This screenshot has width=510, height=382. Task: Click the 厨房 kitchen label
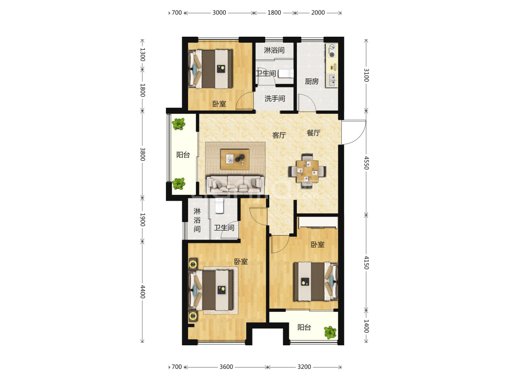tap(311, 81)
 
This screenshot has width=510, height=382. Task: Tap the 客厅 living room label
tap(279, 135)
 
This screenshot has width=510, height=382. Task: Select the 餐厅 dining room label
tap(314, 133)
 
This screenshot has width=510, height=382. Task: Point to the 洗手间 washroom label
tap(275, 98)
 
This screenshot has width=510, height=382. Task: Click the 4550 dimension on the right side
tap(366, 163)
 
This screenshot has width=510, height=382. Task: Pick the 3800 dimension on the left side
tap(142, 154)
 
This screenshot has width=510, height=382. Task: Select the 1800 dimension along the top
tap(274, 13)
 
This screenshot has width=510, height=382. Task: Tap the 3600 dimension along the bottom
tap(226, 367)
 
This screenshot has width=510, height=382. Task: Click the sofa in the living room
tap(236, 185)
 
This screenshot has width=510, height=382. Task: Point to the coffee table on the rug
tap(235, 160)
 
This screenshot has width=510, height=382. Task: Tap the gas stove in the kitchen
tap(332, 51)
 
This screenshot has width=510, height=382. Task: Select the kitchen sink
tap(332, 80)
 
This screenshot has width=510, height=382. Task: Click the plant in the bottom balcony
tap(330, 333)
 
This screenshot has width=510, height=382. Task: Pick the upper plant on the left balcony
tap(178, 124)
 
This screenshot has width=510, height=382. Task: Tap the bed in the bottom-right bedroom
tap(316, 281)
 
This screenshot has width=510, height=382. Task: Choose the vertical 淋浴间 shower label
tap(197, 220)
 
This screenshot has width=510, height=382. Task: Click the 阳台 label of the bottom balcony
tap(305, 327)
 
